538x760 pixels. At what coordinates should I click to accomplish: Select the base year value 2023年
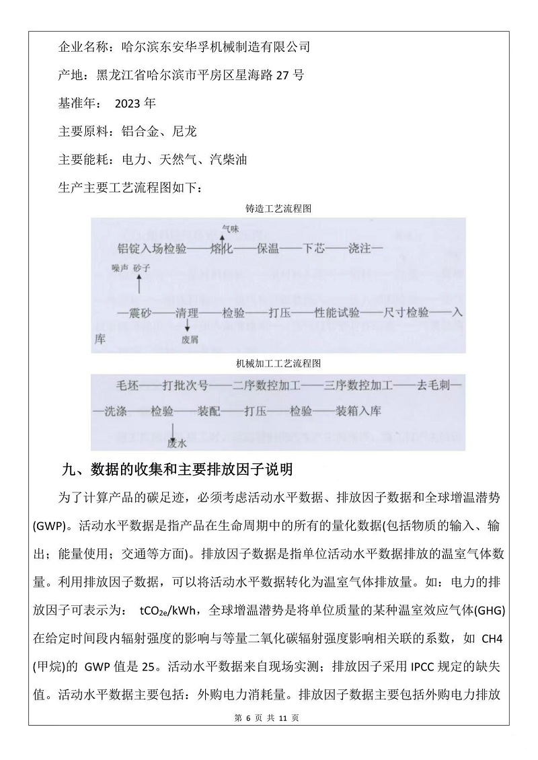click(135, 104)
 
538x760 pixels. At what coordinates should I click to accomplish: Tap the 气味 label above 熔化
click(230, 229)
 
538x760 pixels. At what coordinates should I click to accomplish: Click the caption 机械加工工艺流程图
click(278, 363)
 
